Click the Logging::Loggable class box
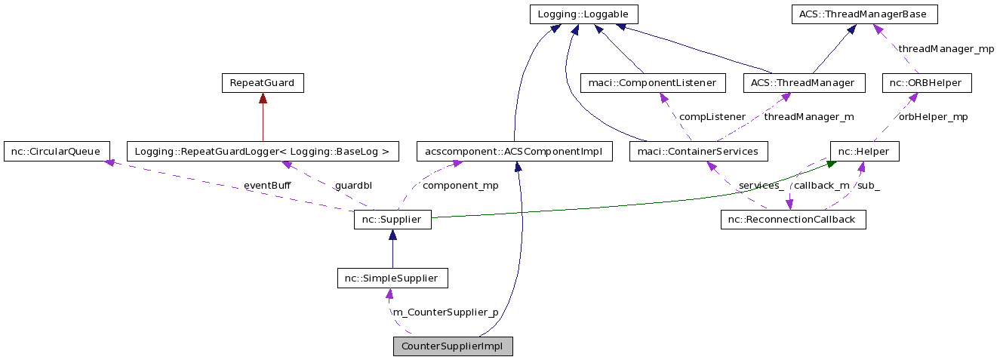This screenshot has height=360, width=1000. pos(583,14)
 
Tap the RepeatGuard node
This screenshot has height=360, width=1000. pos(263,83)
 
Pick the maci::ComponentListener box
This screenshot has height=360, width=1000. pos(653,83)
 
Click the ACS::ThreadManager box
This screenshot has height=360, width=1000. pos(804,83)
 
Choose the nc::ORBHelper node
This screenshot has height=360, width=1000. pos(927,83)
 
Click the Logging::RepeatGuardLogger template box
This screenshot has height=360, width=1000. pos(263,151)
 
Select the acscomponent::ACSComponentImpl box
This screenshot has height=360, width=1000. pos(515,151)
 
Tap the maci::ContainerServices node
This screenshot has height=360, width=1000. pos(699,151)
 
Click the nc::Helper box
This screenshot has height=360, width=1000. pos(864,151)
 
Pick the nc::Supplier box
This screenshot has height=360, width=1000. pos(392,220)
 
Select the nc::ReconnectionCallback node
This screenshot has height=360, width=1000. pos(793,220)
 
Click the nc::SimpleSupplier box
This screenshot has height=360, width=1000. pos(392,278)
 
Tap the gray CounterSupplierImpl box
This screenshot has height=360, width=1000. pos(453,346)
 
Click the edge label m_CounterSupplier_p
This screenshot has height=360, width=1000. pos(445,312)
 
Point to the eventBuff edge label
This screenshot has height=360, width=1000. pos(267,185)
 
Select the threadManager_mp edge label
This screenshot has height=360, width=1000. pos(946,48)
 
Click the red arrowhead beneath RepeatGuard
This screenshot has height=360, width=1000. pos(263,98)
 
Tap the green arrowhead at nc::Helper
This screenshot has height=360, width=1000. pos(831,164)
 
